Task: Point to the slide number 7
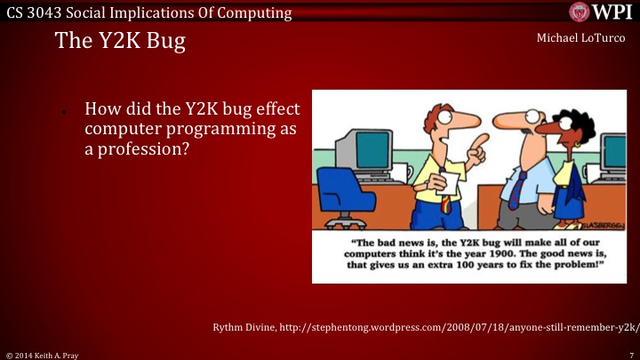(629, 354)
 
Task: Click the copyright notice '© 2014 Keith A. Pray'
(43, 354)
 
